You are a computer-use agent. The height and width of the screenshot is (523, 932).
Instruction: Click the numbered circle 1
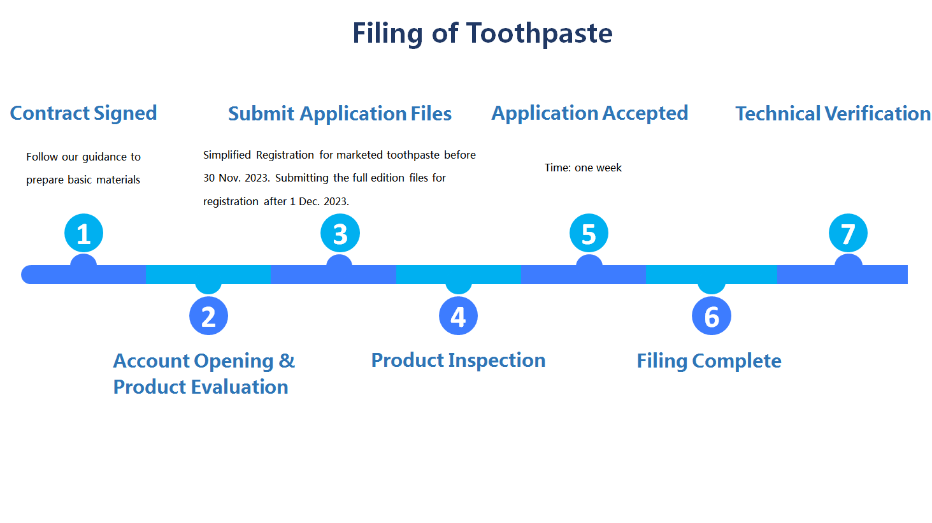pyautogui.click(x=83, y=233)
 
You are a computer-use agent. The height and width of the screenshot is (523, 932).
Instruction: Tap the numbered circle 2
pyautogui.click(x=208, y=316)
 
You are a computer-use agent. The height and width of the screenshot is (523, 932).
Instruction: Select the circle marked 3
pyautogui.click(x=340, y=233)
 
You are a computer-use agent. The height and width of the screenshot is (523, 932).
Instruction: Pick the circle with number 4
pyautogui.click(x=458, y=316)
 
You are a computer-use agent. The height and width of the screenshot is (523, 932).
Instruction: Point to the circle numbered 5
pyautogui.click(x=589, y=233)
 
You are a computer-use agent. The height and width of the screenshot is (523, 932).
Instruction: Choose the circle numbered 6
pyautogui.click(x=712, y=316)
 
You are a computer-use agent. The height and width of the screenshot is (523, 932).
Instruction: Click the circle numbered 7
pyautogui.click(x=848, y=233)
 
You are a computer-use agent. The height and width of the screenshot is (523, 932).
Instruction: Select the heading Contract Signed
pyautogui.click(x=83, y=113)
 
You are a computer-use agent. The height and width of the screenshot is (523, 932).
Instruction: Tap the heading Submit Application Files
pyautogui.click(x=340, y=114)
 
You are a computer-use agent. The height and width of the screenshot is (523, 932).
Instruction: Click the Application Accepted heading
pyautogui.click(x=589, y=113)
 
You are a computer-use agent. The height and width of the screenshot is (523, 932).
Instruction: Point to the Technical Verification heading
pyautogui.click(x=833, y=114)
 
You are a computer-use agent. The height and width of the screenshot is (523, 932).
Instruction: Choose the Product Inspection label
pyautogui.click(x=458, y=361)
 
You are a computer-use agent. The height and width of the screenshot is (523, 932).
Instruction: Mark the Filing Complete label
pyautogui.click(x=709, y=361)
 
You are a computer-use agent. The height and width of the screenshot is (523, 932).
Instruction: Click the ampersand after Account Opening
pyautogui.click(x=287, y=361)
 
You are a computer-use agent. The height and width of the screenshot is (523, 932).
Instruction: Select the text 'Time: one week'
pyautogui.click(x=583, y=168)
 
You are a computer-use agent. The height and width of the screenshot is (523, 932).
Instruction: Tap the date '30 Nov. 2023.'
pyautogui.click(x=236, y=178)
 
